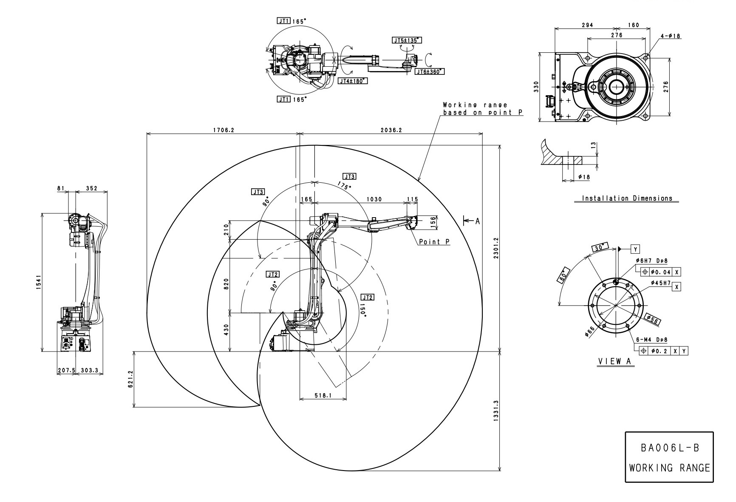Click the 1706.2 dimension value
(x=224, y=130)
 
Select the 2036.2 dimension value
(x=391, y=130)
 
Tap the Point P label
(x=434, y=242)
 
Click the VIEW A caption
(x=615, y=361)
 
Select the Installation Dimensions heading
(x=627, y=198)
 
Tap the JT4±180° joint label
(x=353, y=81)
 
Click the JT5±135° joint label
(x=407, y=40)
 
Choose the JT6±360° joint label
(x=430, y=71)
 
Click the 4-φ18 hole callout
(x=671, y=36)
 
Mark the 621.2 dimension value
(x=130, y=379)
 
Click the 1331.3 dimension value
(x=495, y=411)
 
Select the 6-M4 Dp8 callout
(x=651, y=340)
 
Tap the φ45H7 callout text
(x=660, y=283)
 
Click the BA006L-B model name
(x=669, y=448)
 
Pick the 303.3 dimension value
(x=89, y=370)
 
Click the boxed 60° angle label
(x=563, y=276)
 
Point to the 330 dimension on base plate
(x=536, y=87)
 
